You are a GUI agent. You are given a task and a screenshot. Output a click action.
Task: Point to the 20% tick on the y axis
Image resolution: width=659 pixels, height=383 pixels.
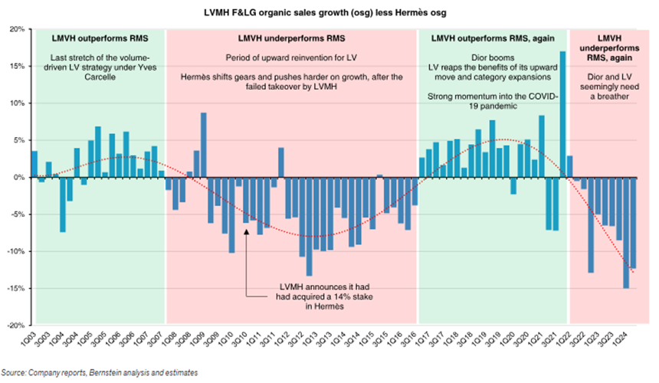click(x=16, y=29)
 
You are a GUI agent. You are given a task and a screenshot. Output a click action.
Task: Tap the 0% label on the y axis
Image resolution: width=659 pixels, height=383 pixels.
click(x=19, y=178)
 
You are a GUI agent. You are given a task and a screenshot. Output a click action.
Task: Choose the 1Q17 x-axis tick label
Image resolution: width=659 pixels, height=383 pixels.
click(x=421, y=342)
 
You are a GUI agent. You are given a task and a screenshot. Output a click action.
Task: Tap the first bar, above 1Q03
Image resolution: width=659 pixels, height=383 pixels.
click(x=34, y=164)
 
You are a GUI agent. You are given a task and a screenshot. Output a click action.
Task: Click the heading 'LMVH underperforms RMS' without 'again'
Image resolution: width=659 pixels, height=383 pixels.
click(x=290, y=38)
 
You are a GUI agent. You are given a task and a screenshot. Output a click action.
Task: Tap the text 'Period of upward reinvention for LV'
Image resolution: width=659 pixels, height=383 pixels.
click(x=290, y=57)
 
